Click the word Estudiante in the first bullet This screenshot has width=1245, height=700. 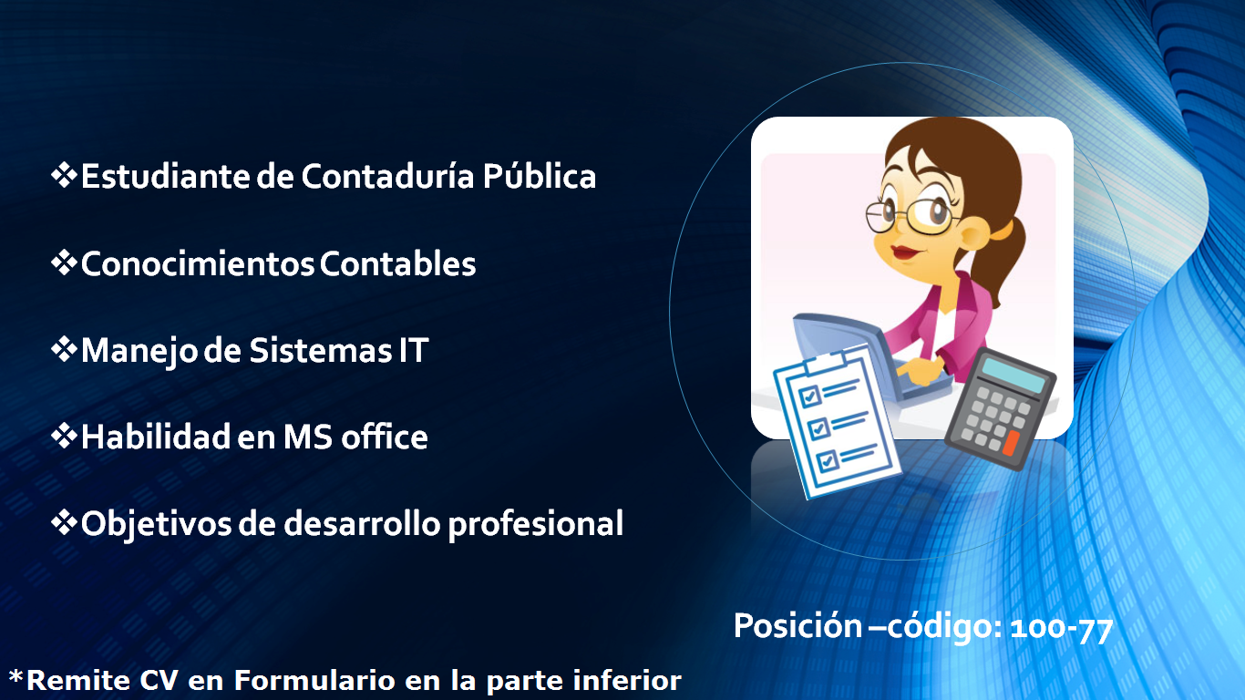click(x=165, y=176)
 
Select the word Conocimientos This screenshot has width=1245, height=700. click(x=197, y=263)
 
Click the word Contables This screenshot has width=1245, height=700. click(x=398, y=263)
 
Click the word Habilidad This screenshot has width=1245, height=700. click(x=156, y=437)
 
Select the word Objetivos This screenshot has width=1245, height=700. click(x=156, y=524)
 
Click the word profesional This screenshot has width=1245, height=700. click(x=536, y=524)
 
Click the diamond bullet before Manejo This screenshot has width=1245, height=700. click(x=64, y=350)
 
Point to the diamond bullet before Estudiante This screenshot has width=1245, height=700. click(x=64, y=175)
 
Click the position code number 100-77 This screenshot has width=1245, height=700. click(x=1062, y=630)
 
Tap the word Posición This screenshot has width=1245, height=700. click(x=797, y=626)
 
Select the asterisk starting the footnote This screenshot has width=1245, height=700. click(x=16, y=677)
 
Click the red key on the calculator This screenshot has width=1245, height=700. click(x=1011, y=443)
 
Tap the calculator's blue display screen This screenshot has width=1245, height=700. click(x=1013, y=376)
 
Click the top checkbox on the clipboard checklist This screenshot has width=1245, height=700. click(x=809, y=396)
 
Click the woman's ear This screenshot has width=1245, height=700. click(x=975, y=232)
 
